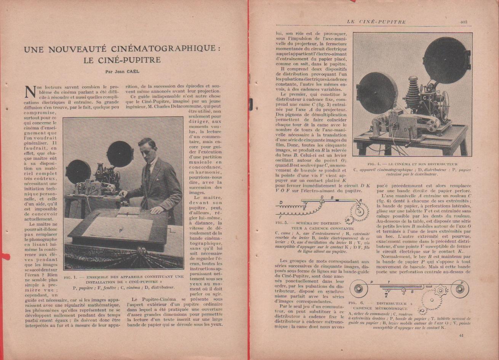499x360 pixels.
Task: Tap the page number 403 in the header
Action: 463,22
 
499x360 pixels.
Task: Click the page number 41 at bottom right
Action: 461,335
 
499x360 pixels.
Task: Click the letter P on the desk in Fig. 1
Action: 120,230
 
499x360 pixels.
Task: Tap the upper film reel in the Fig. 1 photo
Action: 120,153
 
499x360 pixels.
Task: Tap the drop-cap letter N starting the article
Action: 30,92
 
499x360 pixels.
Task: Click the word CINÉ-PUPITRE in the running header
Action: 382,22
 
